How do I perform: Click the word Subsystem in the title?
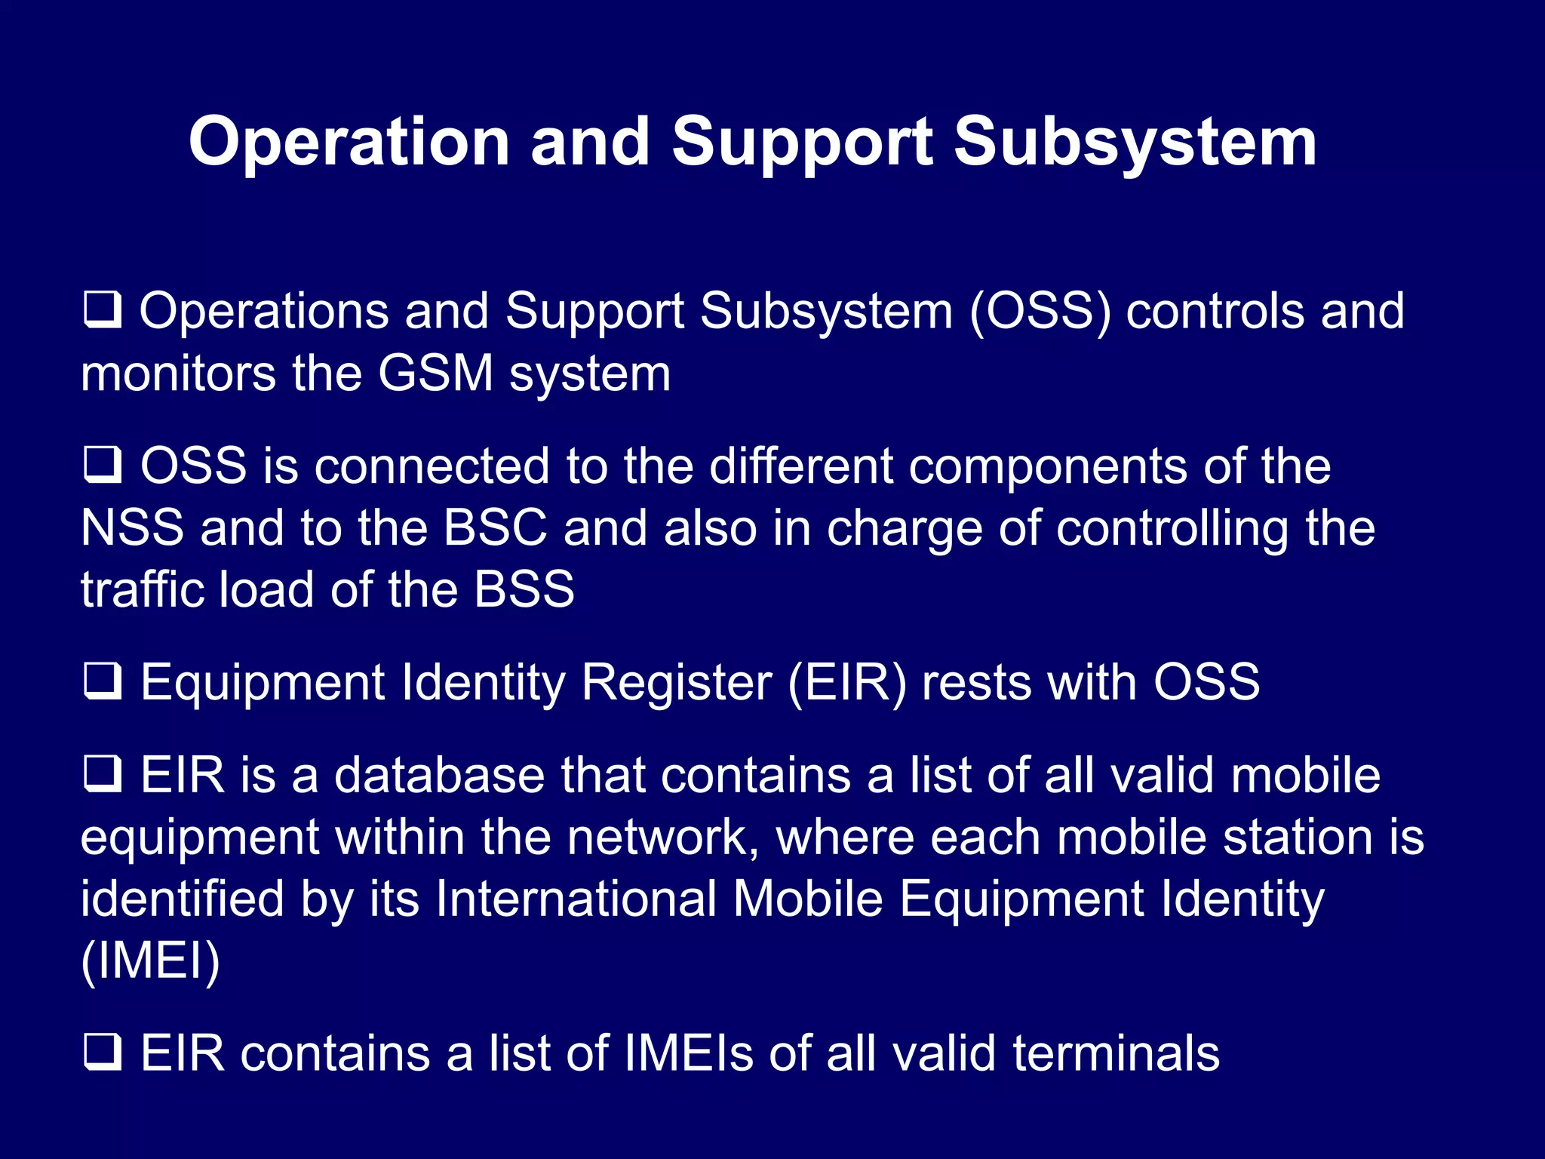(1135, 143)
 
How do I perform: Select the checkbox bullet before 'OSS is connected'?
(102, 466)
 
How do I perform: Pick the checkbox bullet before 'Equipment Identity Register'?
(102, 682)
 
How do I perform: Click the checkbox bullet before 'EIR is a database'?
(102, 775)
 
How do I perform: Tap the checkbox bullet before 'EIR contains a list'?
(102, 1053)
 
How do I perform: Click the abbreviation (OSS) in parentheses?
(1040, 311)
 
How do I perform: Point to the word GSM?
(436, 374)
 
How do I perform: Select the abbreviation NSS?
(132, 527)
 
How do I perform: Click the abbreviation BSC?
(495, 527)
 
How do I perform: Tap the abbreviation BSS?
(524, 589)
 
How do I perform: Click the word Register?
(677, 682)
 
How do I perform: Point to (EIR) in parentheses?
(846, 682)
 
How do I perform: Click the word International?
(576, 899)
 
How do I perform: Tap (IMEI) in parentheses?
(150, 961)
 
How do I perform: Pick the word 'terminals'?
(1116, 1053)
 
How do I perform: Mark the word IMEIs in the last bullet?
(688, 1053)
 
